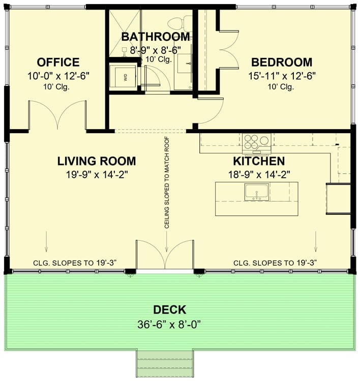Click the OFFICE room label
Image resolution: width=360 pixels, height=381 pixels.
point(58,62)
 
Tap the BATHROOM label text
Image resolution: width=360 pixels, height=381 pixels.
point(156,37)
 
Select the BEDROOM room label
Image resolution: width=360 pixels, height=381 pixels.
point(281,62)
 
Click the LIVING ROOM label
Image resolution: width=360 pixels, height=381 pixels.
point(96,162)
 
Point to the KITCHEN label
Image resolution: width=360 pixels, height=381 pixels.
point(258,162)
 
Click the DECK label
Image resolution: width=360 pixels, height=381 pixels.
point(170,310)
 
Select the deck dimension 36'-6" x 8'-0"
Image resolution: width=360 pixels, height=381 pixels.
point(170,324)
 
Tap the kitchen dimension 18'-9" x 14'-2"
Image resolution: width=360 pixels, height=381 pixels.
point(258,174)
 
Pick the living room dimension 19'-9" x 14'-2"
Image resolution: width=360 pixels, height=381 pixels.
point(96,174)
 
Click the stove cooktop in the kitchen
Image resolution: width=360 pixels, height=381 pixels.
point(257,141)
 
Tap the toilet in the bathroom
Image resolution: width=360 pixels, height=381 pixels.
point(176,23)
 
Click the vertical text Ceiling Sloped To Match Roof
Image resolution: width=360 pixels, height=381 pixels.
point(166,183)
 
